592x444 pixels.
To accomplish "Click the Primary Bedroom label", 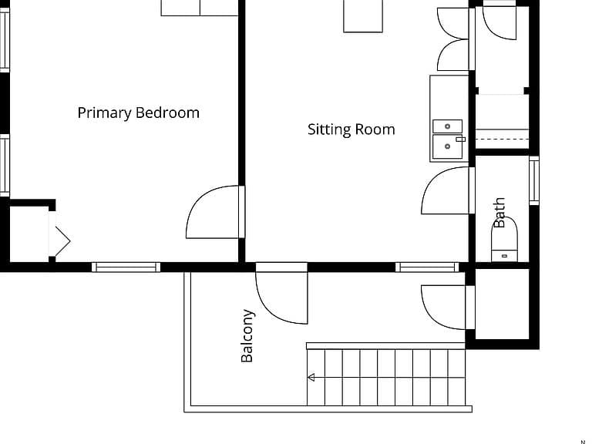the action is pyautogui.click(x=138, y=113).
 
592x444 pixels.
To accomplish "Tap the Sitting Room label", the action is pyautogui.click(x=351, y=129).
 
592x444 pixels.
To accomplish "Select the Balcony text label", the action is pyautogui.click(x=247, y=336).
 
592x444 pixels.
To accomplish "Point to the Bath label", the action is pyautogui.click(x=499, y=213).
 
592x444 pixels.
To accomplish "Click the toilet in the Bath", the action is pyautogui.click(x=504, y=240).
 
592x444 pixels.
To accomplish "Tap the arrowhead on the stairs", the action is pyautogui.click(x=311, y=377).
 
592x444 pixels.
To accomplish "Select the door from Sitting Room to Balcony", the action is pyautogui.click(x=281, y=298).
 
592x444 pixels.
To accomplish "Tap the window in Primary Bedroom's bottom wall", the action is pyautogui.click(x=126, y=267).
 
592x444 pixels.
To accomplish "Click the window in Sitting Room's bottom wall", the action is pyautogui.click(x=427, y=267).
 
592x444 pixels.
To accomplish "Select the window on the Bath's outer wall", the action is pyautogui.click(x=534, y=181).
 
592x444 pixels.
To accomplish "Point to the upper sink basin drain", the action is pyautogui.click(x=447, y=126).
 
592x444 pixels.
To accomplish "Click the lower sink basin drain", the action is pyautogui.click(x=447, y=146).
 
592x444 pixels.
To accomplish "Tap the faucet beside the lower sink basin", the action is pyautogui.click(x=461, y=140).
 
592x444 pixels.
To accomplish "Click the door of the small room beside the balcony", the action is pyautogui.click(x=444, y=308).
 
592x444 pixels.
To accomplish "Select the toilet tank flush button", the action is pyautogui.click(x=504, y=257).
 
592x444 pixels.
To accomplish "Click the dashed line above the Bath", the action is pyautogui.click(x=502, y=140).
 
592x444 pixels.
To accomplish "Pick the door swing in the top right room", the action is pyautogui.click(x=499, y=22).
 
